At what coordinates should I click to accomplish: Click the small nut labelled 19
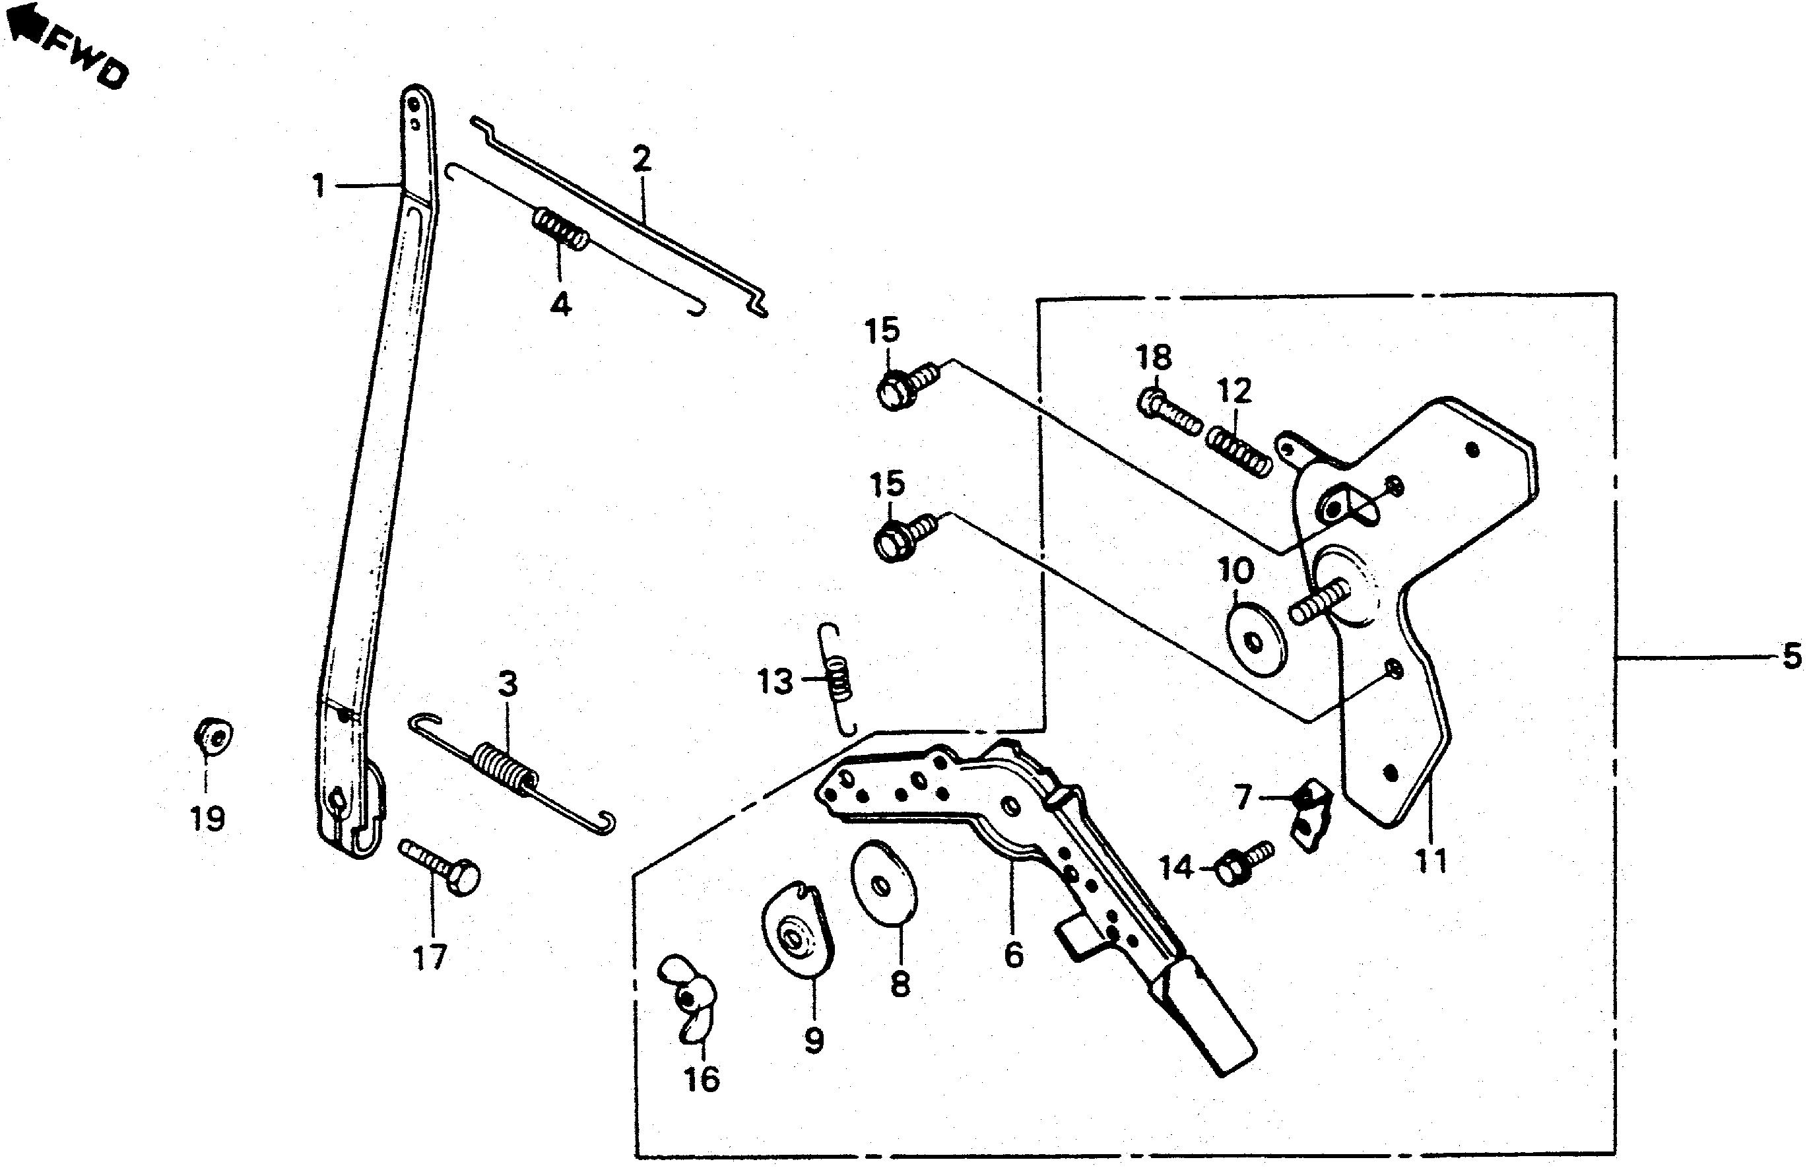coord(212,734)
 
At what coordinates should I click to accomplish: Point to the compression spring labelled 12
coord(1238,451)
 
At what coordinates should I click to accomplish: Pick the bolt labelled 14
coord(1241,863)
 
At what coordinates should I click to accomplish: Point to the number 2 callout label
coord(641,160)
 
